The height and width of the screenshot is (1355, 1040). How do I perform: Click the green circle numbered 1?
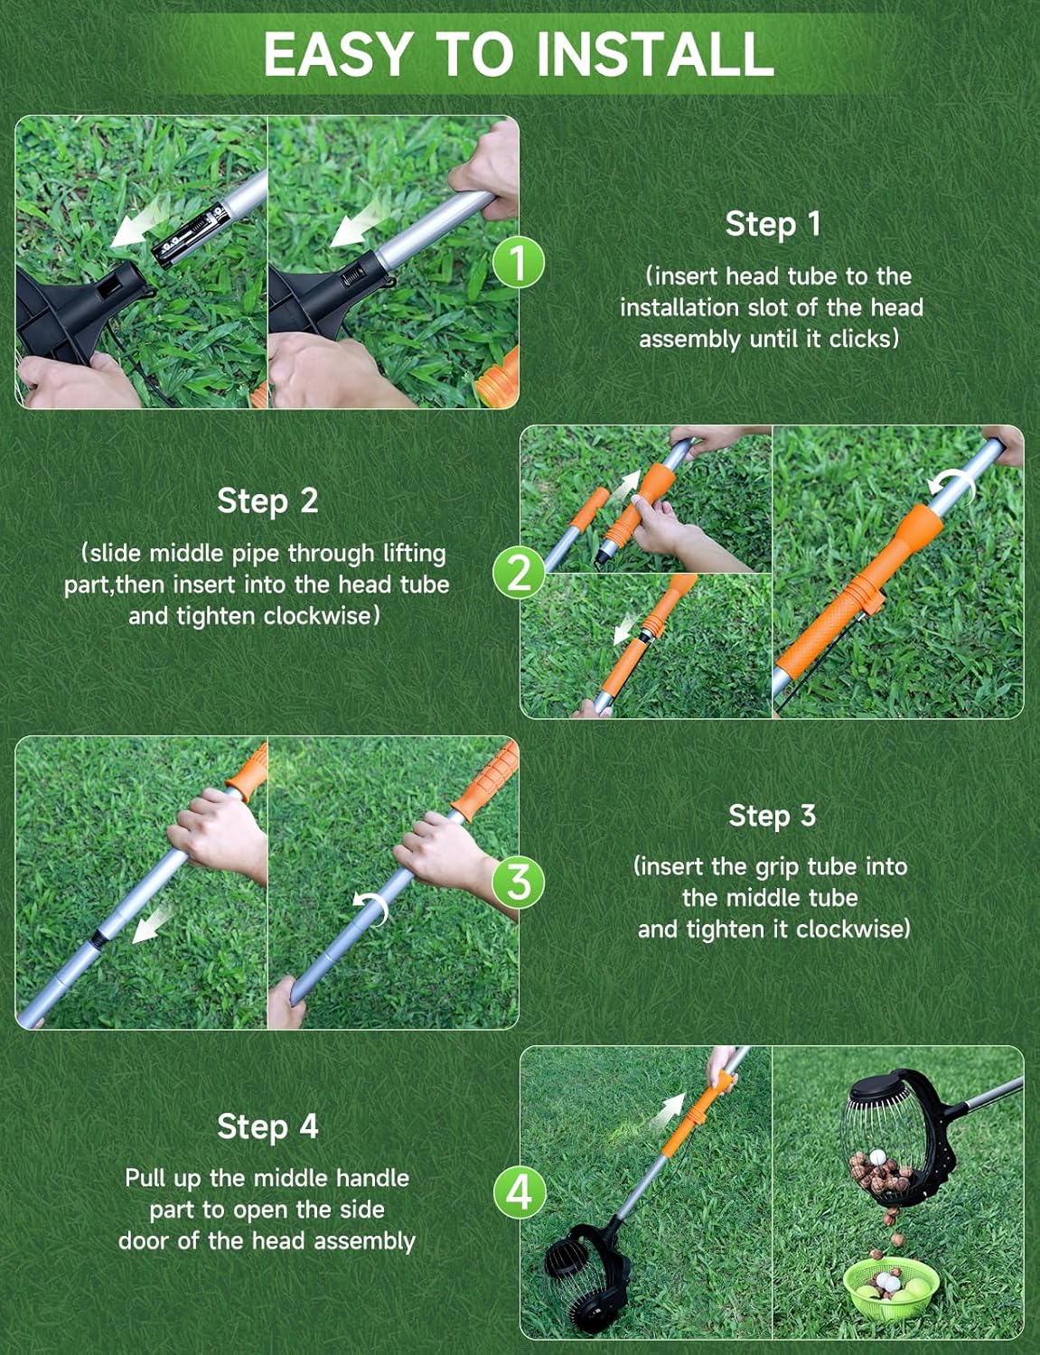tap(519, 263)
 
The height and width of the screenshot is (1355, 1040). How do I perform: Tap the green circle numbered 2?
tap(519, 573)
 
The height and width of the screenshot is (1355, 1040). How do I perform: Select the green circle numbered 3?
tap(519, 882)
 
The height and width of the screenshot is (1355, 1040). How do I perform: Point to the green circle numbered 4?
tap(519, 1192)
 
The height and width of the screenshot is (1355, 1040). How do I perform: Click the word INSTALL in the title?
tap(655, 54)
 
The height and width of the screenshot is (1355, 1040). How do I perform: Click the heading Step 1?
tap(773, 224)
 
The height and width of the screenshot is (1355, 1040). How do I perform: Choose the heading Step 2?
tap(267, 500)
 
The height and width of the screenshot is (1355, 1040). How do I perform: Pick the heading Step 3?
tap(772, 816)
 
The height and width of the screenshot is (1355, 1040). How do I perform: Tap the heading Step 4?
tap(267, 1126)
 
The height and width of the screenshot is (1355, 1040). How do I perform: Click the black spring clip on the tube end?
tap(185, 237)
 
